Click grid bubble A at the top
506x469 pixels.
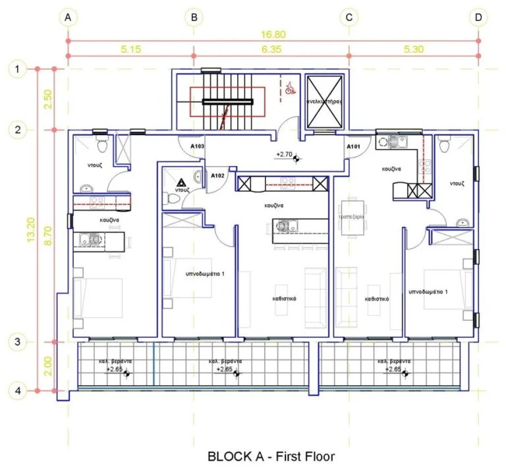point(67,18)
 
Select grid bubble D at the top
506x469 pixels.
point(478,18)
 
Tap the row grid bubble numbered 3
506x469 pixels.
point(18,342)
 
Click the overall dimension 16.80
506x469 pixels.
point(271,34)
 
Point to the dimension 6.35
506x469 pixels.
point(271,49)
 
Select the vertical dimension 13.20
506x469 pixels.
point(30,231)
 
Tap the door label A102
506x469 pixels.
point(217,176)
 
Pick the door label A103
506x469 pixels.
point(196,147)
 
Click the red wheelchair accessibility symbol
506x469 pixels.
point(289,88)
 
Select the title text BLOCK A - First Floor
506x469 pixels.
point(271,455)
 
